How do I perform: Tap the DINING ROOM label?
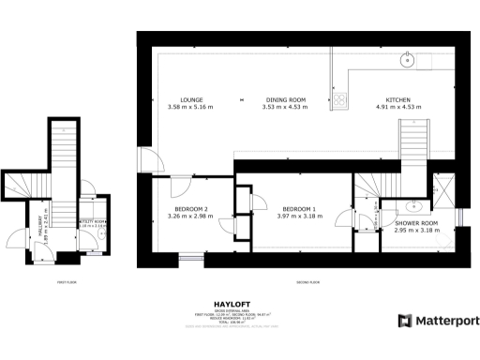pos(284,99)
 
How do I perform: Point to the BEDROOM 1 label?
pos(300,208)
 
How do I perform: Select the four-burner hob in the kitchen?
pos(340,97)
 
